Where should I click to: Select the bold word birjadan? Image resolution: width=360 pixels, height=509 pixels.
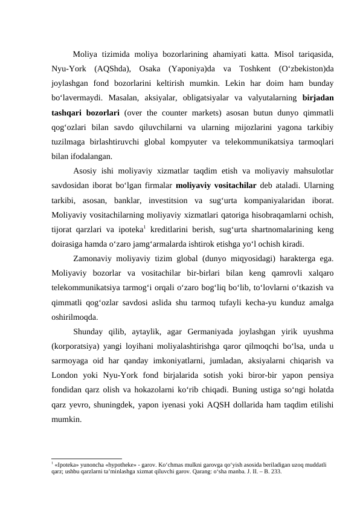tap(318, 98)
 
